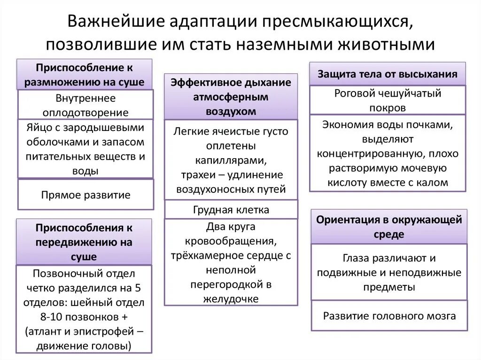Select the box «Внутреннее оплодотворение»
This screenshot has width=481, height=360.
tap(85, 105)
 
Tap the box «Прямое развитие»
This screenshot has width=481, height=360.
tap(85, 195)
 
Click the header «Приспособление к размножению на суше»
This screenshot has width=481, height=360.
tap(85, 75)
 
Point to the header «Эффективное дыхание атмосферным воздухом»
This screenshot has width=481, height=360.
tap(231, 97)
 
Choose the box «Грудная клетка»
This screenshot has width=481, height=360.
tap(231, 209)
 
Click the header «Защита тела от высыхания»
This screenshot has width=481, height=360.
tap(388, 74)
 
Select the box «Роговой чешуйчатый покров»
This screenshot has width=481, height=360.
tap(388, 100)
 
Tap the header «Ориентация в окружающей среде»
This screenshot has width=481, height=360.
tap(389, 227)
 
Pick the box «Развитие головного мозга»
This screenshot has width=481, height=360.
tap(389, 315)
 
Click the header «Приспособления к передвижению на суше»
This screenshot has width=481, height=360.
tap(84, 243)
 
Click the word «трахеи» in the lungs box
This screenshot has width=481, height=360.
tap(197, 175)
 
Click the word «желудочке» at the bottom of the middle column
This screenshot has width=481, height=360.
tap(231, 299)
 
